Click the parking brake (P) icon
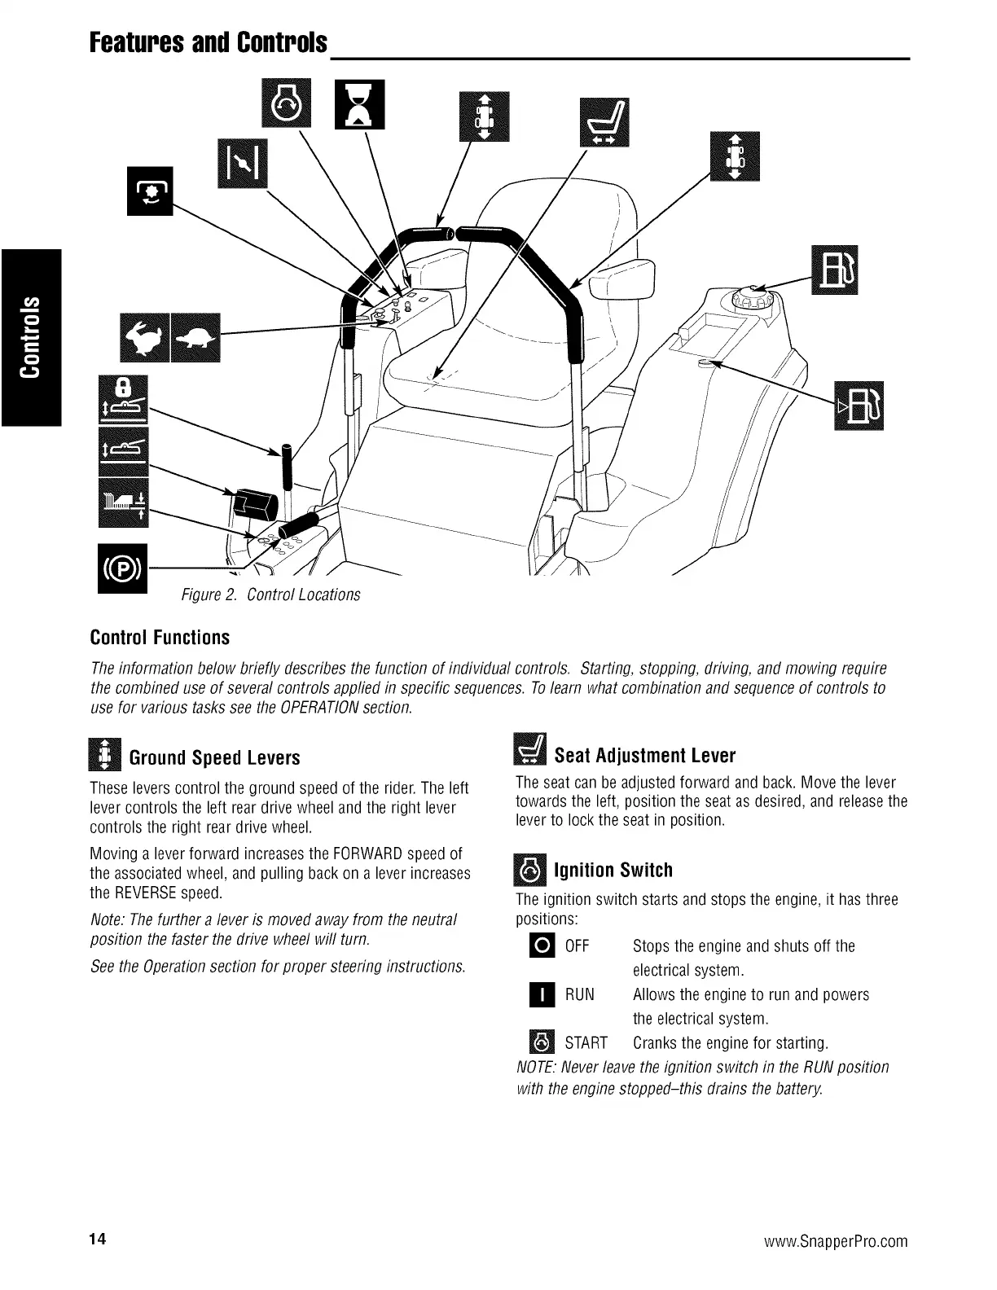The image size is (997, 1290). pyautogui.click(x=122, y=568)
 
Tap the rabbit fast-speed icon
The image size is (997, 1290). pyautogui.click(x=143, y=336)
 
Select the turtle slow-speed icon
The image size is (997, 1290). pyautogui.click(x=196, y=336)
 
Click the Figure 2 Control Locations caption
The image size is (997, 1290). pyautogui.click(x=270, y=595)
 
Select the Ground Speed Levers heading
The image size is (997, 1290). pyautogui.click(x=214, y=758)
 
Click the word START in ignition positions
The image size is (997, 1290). pyautogui.click(x=586, y=1043)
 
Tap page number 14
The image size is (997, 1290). pyautogui.click(x=98, y=1240)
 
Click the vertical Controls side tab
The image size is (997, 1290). pyautogui.click(x=31, y=336)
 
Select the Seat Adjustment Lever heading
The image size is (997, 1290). pyautogui.click(x=644, y=756)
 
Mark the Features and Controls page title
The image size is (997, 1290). pyautogui.click(x=209, y=42)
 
